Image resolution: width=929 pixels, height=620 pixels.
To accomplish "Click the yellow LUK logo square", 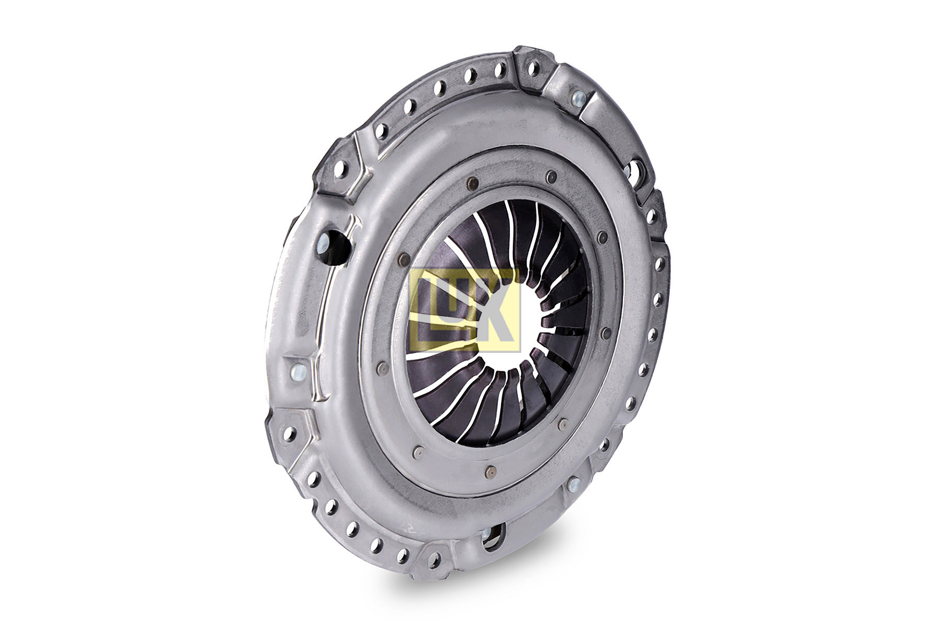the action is pyautogui.click(x=465, y=310).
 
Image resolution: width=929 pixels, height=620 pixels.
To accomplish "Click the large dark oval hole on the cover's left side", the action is pyautogui.click(x=333, y=242).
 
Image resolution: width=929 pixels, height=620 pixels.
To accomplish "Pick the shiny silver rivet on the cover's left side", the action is pyautogui.click(x=298, y=370).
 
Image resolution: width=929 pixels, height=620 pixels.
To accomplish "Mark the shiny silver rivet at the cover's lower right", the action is pyautogui.click(x=572, y=485).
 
